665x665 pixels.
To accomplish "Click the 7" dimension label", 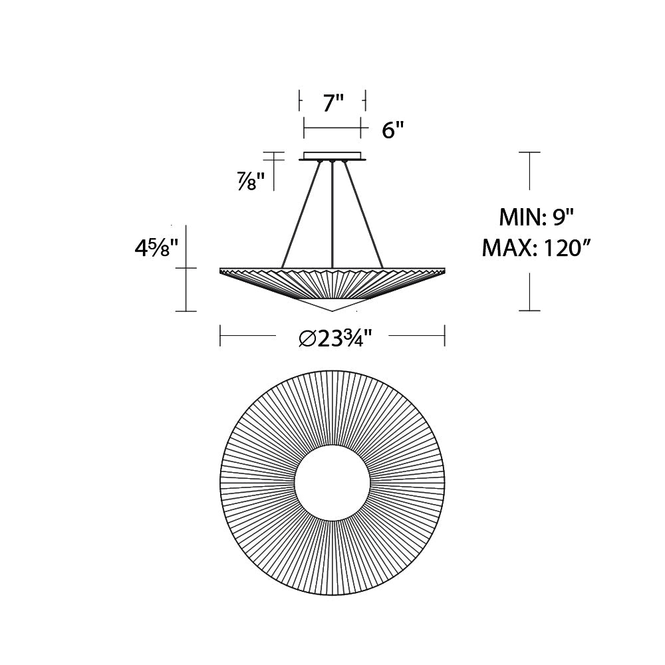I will click(333, 103).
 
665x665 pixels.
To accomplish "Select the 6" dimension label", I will click(393, 130).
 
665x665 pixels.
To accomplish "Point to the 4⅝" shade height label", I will click(156, 249).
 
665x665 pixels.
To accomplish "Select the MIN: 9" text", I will click(536, 217).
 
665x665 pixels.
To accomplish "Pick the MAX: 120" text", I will click(537, 248).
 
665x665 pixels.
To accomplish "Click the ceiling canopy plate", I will click(332, 157).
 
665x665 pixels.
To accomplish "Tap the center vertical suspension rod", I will click(332, 213).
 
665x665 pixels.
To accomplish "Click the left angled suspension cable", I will click(301, 213).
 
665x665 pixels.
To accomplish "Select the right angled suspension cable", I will click(363, 213).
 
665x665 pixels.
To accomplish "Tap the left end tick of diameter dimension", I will click(220, 336).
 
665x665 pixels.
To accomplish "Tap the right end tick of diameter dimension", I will click(444, 336).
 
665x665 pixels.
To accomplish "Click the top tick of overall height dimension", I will click(529, 152).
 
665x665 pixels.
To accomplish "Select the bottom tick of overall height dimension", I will click(529, 311).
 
